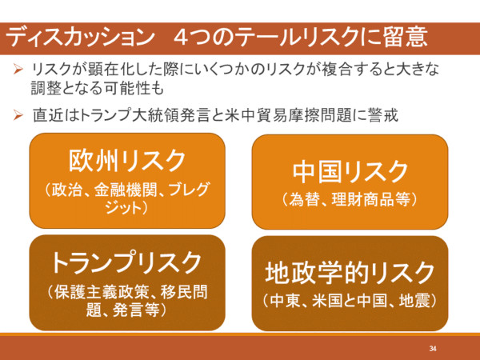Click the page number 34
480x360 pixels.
(433, 348)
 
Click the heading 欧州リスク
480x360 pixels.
(127, 161)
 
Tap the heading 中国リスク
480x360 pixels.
(350, 172)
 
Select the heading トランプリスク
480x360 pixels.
(126, 262)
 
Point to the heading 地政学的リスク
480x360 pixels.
(350, 273)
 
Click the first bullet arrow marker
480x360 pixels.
(18, 69)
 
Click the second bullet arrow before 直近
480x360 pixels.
(18, 115)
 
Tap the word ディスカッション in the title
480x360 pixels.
(80, 38)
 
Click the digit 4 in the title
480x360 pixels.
(182, 38)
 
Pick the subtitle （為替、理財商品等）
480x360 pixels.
(350, 199)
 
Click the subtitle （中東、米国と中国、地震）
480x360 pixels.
(350, 301)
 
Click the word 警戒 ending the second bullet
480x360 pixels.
(383, 115)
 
